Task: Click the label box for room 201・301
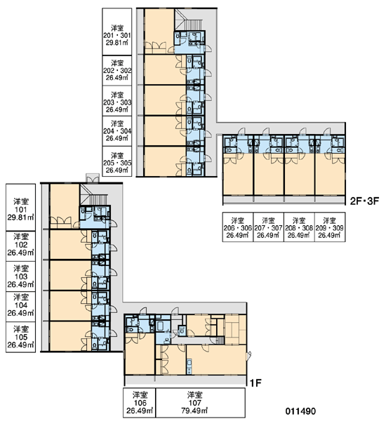pos(117,32)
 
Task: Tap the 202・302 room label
pos(117,70)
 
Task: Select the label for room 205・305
pos(117,161)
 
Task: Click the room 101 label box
pos(20,207)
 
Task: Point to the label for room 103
pos(20,276)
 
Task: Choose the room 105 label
pos(20,337)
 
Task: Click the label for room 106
pos(140,402)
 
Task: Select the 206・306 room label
pos(238,227)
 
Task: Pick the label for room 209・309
pos(330,227)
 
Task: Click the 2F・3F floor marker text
pos(364,201)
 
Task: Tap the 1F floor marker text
pos(255,383)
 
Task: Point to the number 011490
pos(300,411)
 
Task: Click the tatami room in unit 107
pos(235,330)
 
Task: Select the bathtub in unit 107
pos(161,326)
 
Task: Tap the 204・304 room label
pos(117,131)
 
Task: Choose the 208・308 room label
pos(299,227)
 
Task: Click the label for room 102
pos(20,245)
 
